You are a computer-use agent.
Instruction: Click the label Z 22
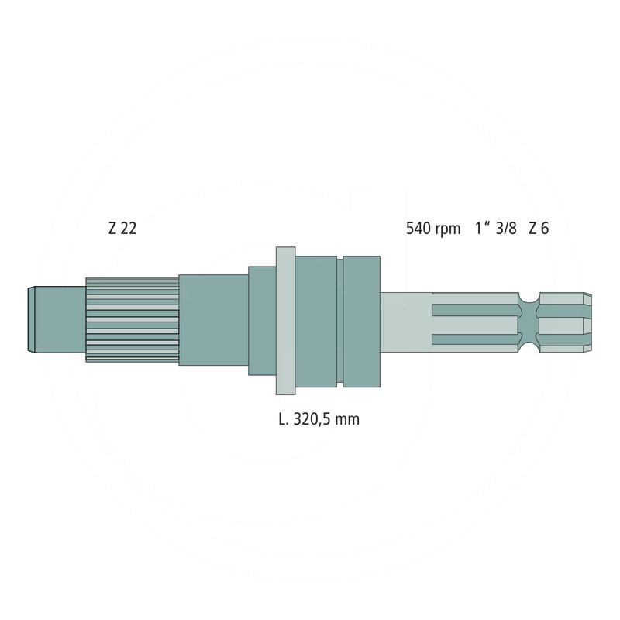[122, 229]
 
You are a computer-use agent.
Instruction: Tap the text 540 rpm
[433, 229]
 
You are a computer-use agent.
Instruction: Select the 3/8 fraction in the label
[506, 229]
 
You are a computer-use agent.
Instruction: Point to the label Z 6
[539, 229]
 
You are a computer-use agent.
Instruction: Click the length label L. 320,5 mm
[319, 419]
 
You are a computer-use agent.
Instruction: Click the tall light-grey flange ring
[285, 321]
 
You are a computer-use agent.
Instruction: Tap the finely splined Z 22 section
[132, 319]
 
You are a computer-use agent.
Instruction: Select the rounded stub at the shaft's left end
[57, 319]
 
